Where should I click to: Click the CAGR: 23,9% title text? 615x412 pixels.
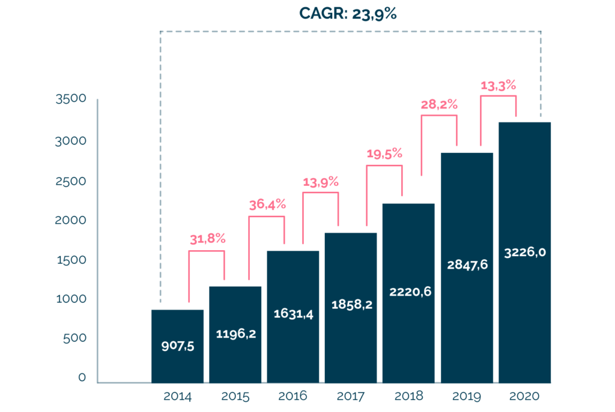coord(348,14)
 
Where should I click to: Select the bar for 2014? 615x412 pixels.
coord(177,346)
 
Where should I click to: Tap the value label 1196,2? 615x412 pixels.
coord(235,333)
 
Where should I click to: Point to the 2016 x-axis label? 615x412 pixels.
coord(292,396)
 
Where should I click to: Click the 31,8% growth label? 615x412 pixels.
coord(207,239)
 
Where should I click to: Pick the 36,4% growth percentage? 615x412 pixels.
coord(267,204)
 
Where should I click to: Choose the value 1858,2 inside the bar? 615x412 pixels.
coord(352,304)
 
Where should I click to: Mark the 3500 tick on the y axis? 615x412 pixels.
coord(71,99)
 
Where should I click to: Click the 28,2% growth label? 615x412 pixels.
coord(439,104)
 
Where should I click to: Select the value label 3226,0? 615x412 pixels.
coord(525,252)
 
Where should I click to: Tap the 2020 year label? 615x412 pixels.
coord(524,396)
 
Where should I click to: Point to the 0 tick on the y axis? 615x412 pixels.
coord(82,377)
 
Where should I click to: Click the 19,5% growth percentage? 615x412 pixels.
coord(384,154)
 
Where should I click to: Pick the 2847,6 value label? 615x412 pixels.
coord(467,264)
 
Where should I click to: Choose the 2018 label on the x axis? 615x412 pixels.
coord(408,396)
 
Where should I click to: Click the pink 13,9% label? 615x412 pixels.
coord(321,182)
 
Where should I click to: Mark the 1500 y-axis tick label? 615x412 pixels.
coord(71,260)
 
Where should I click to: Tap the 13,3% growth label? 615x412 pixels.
coord(498,85)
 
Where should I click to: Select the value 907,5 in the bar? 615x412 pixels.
coord(178,346)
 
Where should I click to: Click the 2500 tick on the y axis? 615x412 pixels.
coord(71,181)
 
